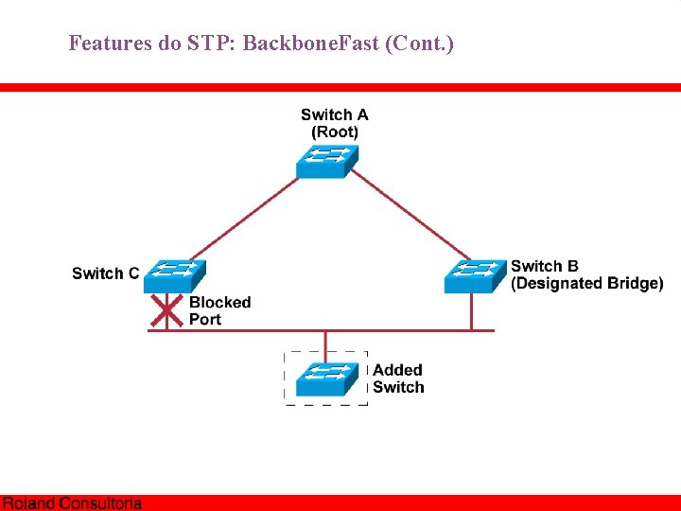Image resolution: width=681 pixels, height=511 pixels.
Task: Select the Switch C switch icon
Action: click(x=171, y=275)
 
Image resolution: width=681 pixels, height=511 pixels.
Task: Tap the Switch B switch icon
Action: click(x=476, y=275)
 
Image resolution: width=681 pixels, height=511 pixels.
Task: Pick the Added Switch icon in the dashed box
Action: click(x=327, y=379)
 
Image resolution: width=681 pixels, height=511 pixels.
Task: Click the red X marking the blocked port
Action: click(x=166, y=308)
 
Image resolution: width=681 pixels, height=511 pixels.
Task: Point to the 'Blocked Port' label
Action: click(x=219, y=311)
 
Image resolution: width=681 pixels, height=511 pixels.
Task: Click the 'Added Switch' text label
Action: click(x=398, y=379)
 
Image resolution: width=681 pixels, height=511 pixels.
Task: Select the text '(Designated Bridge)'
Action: click(x=586, y=284)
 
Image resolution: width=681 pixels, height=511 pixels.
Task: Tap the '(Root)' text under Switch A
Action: click(x=335, y=132)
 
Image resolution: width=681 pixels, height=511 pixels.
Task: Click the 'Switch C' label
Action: click(x=105, y=273)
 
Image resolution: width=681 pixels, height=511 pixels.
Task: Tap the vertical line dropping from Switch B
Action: click(x=471, y=311)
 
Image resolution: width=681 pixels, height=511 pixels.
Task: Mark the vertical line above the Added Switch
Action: click(x=326, y=344)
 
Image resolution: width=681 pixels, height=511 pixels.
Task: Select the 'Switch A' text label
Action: click(x=335, y=115)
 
